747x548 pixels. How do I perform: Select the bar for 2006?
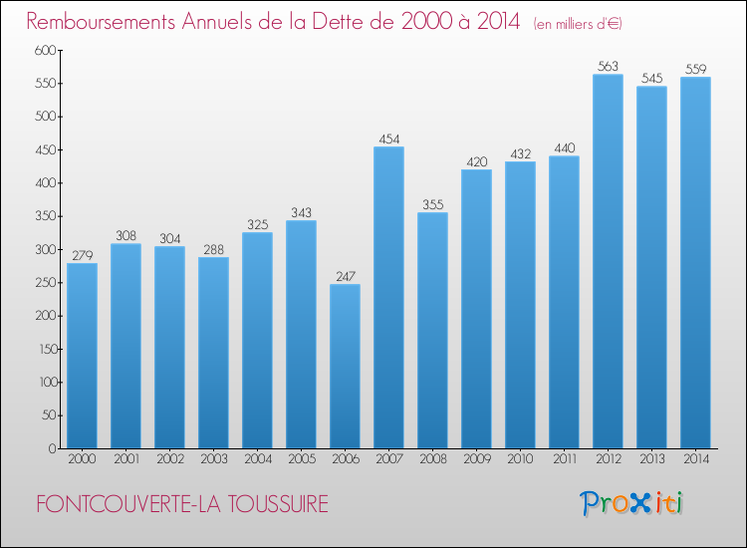345,366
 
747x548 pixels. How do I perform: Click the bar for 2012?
608,261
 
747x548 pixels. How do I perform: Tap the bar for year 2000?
82,356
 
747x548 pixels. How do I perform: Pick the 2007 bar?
388,297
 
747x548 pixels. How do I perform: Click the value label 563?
608,66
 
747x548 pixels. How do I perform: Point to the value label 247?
346,276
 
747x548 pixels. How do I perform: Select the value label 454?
389,138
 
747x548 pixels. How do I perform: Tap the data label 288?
213,250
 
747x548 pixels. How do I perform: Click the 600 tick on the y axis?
45,50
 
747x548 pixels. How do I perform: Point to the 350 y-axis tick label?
46,216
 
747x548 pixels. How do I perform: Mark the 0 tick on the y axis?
53,448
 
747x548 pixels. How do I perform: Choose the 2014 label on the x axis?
696,459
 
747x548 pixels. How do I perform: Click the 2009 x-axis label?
477,459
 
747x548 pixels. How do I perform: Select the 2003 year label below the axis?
214,459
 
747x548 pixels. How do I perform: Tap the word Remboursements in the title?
101,22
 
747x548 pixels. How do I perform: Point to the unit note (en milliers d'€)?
578,24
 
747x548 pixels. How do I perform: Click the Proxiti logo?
630,503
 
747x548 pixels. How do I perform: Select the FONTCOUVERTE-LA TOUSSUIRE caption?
182,504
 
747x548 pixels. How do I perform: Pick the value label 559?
695,69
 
